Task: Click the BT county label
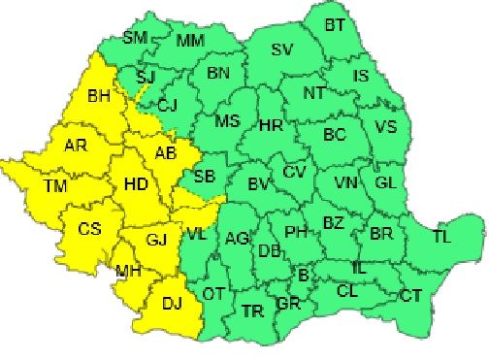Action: pos(335,24)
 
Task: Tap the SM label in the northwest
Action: pos(135,39)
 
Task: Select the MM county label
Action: pos(190,42)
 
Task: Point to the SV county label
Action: pos(281,50)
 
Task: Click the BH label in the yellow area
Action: pos(99,96)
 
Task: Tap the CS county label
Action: pos(90,229)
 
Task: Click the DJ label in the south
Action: pos(172,304)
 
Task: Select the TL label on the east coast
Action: pos(441,236)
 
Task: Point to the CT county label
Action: pos(410,295)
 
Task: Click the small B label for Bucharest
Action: pos(303,277)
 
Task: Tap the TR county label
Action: pos(252,311)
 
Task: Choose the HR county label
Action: pos(271,125)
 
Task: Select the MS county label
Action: pos(227,122)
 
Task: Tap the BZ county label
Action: pos(333,223)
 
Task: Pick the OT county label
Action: pos(212,293)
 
